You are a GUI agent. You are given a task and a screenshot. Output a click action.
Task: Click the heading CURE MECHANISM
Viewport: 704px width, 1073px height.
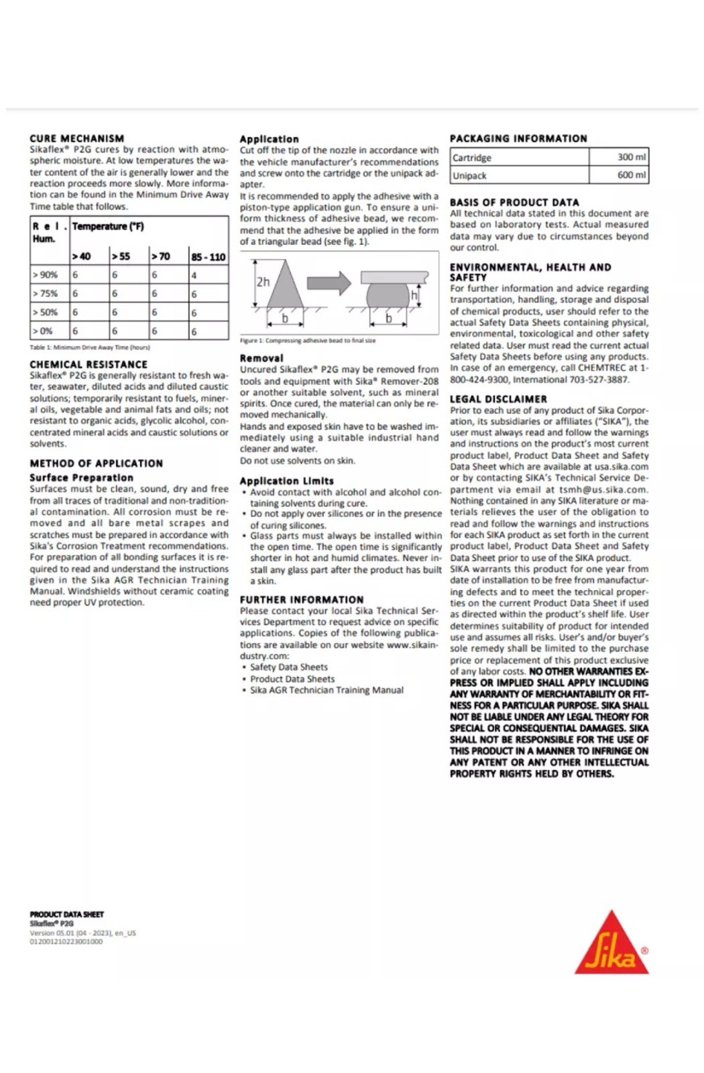click(76, 138)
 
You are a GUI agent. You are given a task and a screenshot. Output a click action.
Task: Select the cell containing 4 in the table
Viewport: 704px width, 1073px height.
click(208, 275)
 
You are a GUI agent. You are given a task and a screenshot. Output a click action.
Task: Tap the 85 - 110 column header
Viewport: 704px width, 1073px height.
click(208, 257)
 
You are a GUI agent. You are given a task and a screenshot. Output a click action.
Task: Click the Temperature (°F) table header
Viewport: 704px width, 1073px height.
click(108, 227)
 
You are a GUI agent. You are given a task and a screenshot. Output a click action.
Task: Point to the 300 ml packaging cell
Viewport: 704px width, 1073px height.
click(618, 158)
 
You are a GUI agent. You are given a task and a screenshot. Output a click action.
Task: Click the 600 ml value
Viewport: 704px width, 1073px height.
click(618, 176)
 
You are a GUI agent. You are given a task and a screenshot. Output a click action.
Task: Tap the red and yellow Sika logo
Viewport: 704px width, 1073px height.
click(611, 944)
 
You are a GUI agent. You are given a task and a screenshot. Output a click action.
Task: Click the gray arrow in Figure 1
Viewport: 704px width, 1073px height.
click(329, 283)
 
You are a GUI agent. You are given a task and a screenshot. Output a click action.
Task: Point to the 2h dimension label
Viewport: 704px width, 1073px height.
click(263, 282)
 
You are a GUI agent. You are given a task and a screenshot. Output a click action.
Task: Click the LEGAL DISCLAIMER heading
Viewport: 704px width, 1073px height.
click(498, 399)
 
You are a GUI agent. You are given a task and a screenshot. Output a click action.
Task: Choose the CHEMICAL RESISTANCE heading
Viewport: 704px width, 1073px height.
click(89, 364)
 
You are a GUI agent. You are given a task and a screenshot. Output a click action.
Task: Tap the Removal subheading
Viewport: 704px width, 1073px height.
click(261, 358)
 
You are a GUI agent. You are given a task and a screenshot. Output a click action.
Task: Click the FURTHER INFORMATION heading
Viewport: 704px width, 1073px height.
click(302, 600)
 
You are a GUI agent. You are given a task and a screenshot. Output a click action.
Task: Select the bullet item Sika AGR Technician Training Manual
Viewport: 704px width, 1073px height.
click(327, 690)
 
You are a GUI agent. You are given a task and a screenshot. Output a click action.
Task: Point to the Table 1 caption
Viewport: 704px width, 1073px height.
click(90, 347)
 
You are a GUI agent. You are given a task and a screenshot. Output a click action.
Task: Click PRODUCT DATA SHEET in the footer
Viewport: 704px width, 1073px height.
click(66, 914)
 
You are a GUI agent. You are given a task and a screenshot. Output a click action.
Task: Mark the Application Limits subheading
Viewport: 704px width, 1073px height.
click(286, 481)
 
